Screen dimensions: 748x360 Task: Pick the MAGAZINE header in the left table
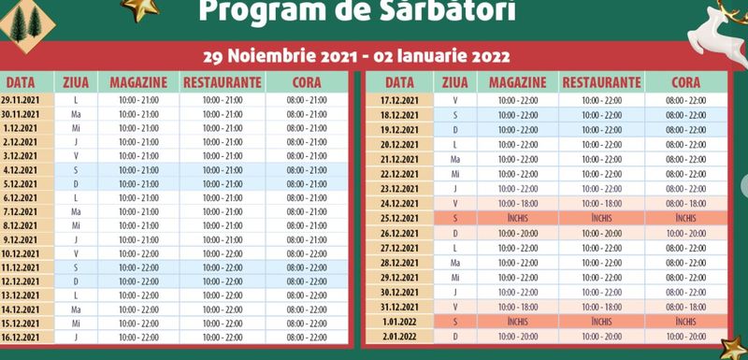point(138,81)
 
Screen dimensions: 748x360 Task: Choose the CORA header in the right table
point(685,81)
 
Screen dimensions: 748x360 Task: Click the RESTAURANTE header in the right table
point(602,81)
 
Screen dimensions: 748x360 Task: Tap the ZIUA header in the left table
point(74,81)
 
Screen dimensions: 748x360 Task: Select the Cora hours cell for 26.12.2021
point(685,233)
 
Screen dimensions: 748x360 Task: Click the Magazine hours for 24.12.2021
point(519,203)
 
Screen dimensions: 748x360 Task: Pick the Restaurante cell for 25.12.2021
point(602,217)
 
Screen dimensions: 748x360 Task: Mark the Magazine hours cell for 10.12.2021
point(138,252)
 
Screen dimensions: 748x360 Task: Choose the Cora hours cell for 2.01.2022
point(685,336)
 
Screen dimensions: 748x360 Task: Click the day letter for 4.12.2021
point(74,170)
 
